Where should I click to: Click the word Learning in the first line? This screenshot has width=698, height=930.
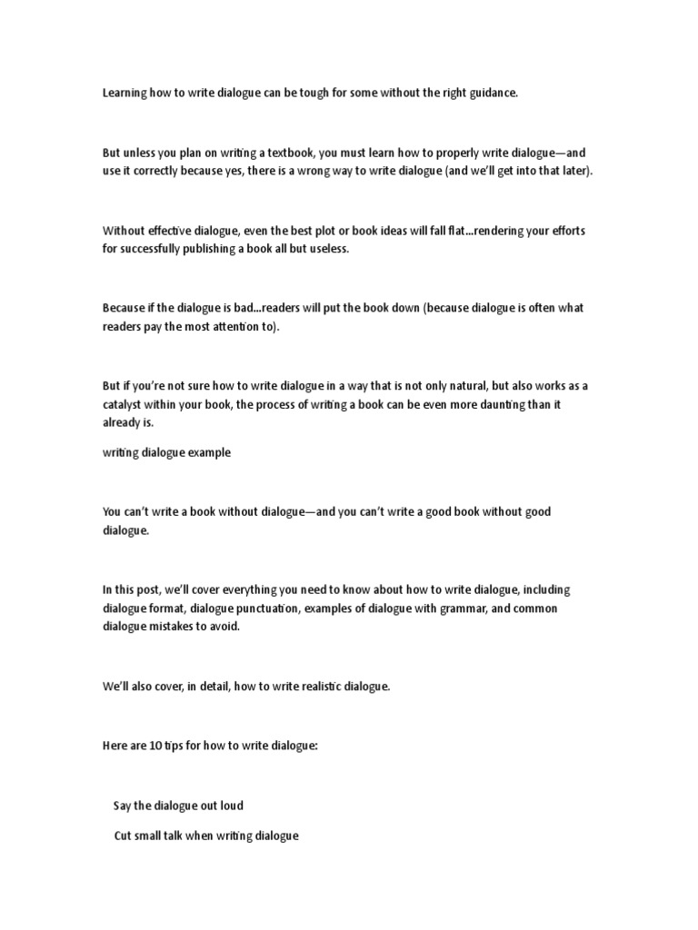(x=124, y=94)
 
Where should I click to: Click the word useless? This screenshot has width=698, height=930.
(x=330, y=248)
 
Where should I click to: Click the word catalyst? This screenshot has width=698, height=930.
(x=125, y=402)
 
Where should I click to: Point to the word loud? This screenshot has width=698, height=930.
(x=232, y=806)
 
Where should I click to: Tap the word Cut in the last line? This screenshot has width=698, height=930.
(x=123, y=836)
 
